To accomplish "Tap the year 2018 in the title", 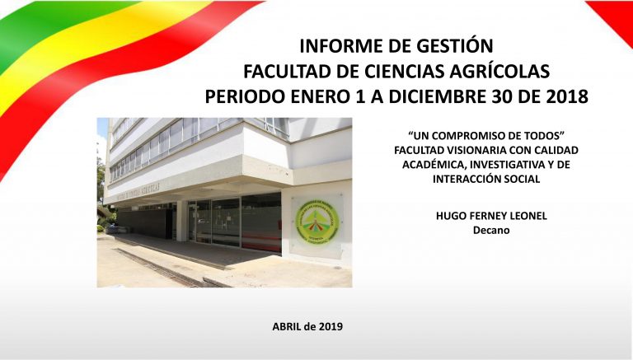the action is coord(566,96).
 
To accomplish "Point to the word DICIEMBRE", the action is coord(435,96).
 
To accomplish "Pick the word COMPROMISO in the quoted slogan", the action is coord(469,136).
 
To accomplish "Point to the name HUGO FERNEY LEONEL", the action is coord(491,216).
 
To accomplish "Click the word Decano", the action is coord(491,231).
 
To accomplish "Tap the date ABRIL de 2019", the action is coord(307,326).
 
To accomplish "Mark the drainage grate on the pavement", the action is coord(162,267).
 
